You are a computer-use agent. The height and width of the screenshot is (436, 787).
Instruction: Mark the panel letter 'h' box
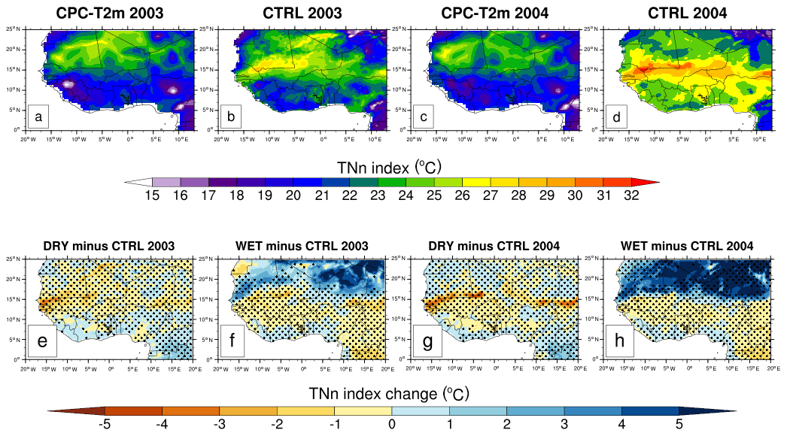(x=618, y=343)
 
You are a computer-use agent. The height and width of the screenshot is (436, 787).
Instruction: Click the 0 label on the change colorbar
(x=392, y=424)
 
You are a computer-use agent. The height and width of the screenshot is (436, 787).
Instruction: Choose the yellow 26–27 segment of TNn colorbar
(x=476, y=182)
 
